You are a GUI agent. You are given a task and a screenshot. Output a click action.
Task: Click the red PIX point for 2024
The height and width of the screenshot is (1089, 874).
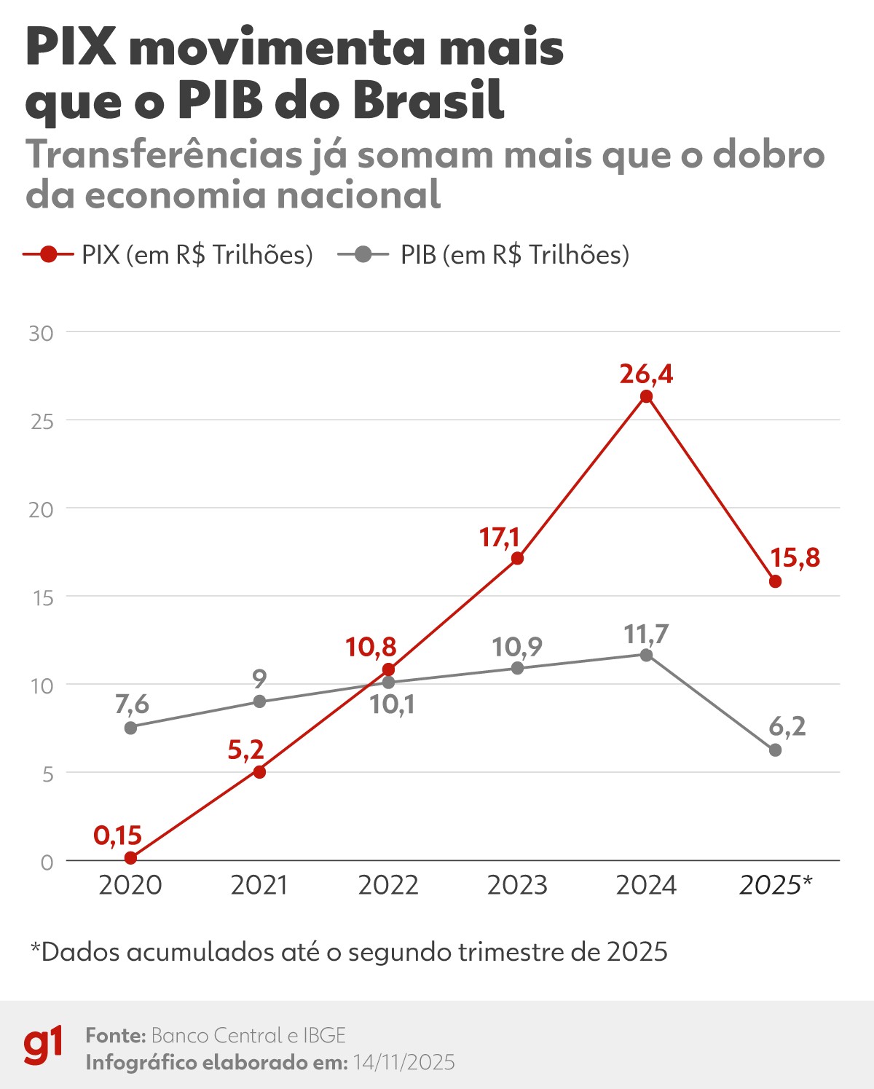pyautogui.click(x=646, y=396)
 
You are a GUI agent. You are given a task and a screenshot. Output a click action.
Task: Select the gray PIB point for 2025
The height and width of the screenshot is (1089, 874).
pyautogui.click(x=775, y=750)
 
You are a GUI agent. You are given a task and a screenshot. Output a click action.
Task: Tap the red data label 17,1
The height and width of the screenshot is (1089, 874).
pyautogui.click(x=499, y=538)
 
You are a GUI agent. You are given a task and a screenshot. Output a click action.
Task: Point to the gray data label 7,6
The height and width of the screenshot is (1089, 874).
pyautogui.click(x=132, y=704)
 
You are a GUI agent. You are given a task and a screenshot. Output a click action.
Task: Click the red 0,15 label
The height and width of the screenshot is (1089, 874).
pyautogui.click(x=117, y=835)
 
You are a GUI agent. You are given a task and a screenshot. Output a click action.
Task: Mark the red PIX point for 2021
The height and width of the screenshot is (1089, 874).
pyautogui.click(x=259, y=771)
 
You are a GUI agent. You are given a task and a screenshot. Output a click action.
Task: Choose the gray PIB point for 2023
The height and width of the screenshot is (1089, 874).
pyautogui.click(x=517, y=668)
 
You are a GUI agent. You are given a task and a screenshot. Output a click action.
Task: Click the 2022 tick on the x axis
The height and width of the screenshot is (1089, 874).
pyautogui.click(x=388, y=885)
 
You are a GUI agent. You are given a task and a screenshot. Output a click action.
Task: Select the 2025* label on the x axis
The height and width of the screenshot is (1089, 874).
pyautogui.click(x=776, y=885)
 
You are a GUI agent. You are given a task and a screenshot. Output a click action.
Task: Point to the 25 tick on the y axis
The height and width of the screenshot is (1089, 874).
pyautogui.click(x=42, y=421)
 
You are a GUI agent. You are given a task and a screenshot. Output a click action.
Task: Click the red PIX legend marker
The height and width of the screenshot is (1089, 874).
pyautogui.click(x=48, y=255)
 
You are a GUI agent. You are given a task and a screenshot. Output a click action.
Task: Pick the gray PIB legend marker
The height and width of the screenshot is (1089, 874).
pyautogui.click(x=363, y=255)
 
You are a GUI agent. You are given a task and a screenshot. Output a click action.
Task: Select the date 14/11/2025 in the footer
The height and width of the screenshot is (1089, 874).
pyautogui.click(x=404, y=1063)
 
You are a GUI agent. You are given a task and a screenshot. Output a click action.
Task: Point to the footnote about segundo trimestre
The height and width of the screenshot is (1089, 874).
pyautogui.click(x=349, y=951)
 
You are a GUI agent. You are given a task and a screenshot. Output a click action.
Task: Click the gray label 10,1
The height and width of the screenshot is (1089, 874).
pyautogui.click(x=392, y=704)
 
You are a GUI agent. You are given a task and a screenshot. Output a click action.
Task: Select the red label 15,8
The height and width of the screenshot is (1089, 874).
pyautogui.click(x=795, y=558)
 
